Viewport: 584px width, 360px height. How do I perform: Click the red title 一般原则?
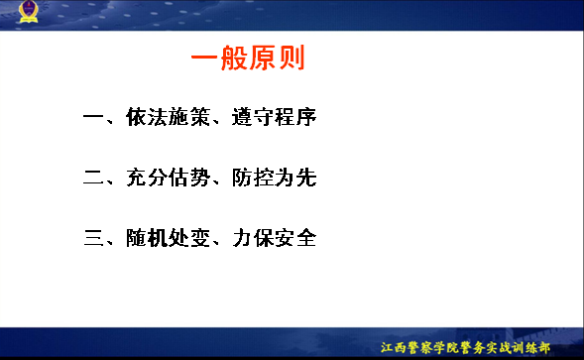click(248, 58)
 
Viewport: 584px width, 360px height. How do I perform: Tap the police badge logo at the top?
click(29, 11)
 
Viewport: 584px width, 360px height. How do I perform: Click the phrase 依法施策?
click(168, 117)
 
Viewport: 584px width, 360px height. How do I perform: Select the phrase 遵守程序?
click(274, 117)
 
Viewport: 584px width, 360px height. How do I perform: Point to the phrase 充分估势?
click(168, 178)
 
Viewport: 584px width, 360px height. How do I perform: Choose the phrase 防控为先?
click(274, 178)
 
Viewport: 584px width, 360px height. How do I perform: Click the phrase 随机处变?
click(168, 238)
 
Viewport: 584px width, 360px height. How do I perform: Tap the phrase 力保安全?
click(274, 238)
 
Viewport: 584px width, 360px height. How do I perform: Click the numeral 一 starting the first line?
click(93, 117)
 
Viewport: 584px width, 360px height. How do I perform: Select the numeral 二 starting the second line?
click(93, 178)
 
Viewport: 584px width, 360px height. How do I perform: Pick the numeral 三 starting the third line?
click(93, 238)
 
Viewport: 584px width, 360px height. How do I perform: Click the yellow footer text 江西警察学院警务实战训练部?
click(465, 348)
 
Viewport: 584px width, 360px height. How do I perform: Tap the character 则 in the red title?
click(292, 58)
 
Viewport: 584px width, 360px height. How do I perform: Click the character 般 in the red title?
click(234, 58)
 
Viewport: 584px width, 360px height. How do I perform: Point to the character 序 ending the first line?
click(306, 117)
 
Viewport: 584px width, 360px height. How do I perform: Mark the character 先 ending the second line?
click(306, 178)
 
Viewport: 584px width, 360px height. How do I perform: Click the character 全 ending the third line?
click(306, 238)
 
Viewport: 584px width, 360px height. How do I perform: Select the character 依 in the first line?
click(136, 117)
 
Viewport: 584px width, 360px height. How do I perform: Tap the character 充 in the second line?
click(136, 178)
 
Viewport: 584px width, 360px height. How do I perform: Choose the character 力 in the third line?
click(242, 238)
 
